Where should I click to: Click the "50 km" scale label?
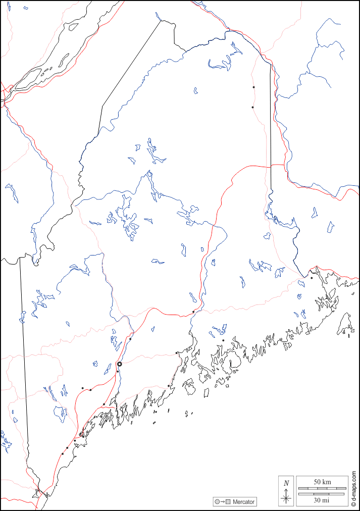point(322,482)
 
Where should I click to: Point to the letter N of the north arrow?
point(286,483)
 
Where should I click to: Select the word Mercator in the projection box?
point(243,502)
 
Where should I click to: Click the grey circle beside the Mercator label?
point(217,502)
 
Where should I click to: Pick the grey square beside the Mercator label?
point(228,502)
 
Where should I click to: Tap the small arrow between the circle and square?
point(222,502)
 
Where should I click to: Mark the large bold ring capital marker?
point(120,364)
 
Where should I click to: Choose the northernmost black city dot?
point(253,87)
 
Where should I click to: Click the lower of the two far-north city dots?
point(252,107)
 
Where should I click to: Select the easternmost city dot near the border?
point(312,278)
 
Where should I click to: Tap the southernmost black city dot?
point(63,453)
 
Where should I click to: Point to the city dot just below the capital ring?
point(118,372)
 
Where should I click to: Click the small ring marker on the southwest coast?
point(81,434)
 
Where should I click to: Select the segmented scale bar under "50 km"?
point(322,488)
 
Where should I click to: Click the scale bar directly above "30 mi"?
point(322,494)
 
